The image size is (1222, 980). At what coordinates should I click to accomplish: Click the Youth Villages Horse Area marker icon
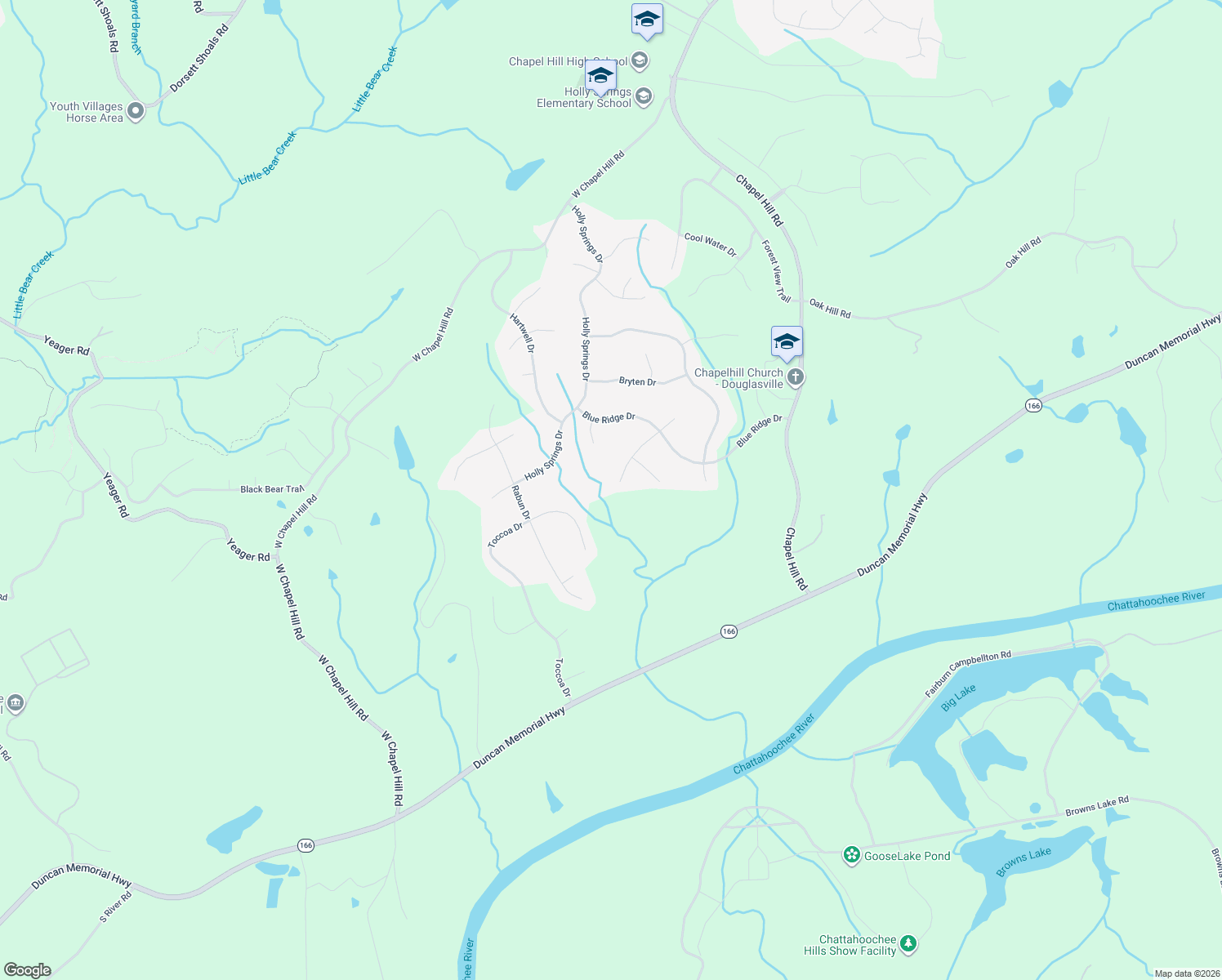pyautogui.click(x=136, y=111)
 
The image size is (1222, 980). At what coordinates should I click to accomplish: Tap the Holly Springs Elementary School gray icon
pyautogui.click(x=644, y=97)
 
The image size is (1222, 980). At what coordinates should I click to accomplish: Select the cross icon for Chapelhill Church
pyautogui.click(x=796, y=376)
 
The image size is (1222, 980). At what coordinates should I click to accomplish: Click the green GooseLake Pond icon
pyautogui.click(x=852, y=855)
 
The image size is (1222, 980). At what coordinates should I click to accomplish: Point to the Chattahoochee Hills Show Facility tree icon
pyautogui.click(x=908, y=945)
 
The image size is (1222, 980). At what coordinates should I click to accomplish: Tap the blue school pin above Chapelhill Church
pyautogui.click(x=787, y=342)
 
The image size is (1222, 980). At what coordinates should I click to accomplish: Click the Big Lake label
pyautogui.click(x=958, y=698)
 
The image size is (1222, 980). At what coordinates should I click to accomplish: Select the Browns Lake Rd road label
pyautogui.click(x=1097, y=806)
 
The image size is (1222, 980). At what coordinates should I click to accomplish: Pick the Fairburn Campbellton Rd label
pyautogui.click(x=968, y=674)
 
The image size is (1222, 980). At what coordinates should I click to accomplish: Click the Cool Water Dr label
pyautogui.click(x=710, y=245)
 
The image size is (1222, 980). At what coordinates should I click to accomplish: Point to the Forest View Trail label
pyautogui.click(x=776, y=271)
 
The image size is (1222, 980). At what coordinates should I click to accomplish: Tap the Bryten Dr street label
pyautogui.click(x=637, y=381)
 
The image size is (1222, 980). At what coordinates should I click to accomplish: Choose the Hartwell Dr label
pyautogui.click(x=522, y=333)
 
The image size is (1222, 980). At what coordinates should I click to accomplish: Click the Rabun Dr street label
pyautogui.click(x=520, y=503)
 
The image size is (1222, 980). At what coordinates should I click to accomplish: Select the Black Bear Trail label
pyautogui.click(x=272, y=489)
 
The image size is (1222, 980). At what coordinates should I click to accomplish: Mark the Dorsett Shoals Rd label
pyautogui.click(x=198, y=58)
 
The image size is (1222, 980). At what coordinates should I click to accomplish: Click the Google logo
pyautogui.click(x=27, y=969)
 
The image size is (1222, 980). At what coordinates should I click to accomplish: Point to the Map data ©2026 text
pyautogui.click(x=1185, y=973)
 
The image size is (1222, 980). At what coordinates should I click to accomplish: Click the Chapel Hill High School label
pyautogui.click(x=568, y=61)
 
